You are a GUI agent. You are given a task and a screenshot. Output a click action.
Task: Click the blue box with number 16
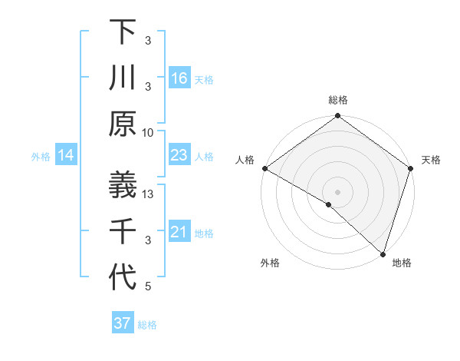pyautogui.click(x=179, y=78)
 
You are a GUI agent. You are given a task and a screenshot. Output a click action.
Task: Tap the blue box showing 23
pyautogui.click(x=179, y=156)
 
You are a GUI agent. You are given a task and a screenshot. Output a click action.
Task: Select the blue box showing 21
pyautogui.click(x=179, y=232)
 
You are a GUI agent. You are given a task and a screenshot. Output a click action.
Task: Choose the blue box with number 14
pyautogui.click(x=66, y=156)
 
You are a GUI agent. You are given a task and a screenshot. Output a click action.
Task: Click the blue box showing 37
pyautogui.click(x=123, y=323)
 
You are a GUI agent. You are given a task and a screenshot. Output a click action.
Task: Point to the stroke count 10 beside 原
pyautogui.click(x=148, y=133)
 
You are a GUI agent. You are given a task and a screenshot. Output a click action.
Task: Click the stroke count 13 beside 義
pyautogui.click(x=149, y=194)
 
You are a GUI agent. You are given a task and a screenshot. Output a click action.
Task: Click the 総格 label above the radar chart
pyautogui.click(x=338, y=100)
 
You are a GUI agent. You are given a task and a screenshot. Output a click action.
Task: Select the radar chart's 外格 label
pyautogui.click(x=270, y=263)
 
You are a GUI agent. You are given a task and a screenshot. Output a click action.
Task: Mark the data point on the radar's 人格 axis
pyautogui.click(x=264, y=168)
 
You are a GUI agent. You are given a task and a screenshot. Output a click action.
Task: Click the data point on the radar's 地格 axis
pyautogui.click(x=383, y=253)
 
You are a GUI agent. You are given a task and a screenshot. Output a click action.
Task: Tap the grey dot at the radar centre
pyautogui.click(x=337, y=191)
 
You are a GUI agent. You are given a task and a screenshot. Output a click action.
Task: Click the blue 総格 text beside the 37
pyautogui.click(x=147, y=325)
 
